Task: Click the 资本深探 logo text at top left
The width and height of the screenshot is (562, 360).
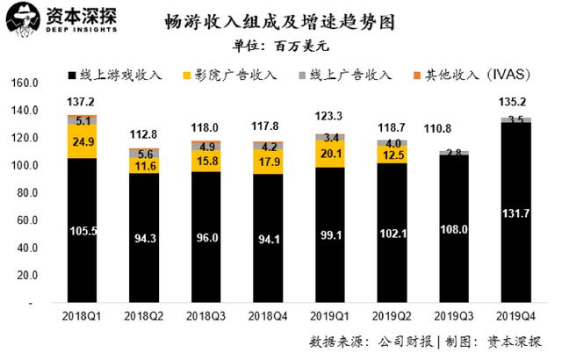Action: (x=84, y=16)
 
